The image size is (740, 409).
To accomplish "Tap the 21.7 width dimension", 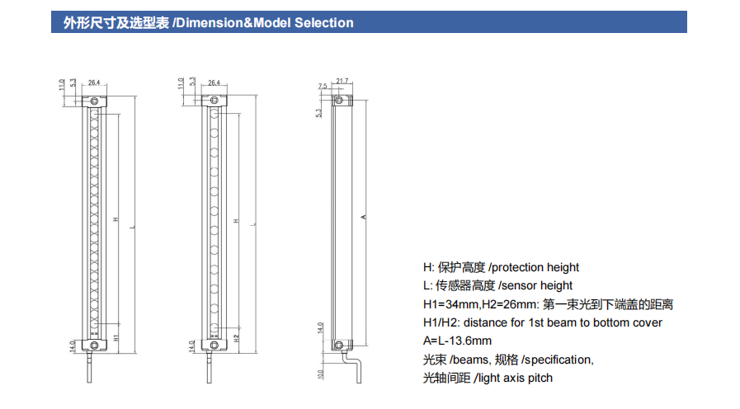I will click(342, 81).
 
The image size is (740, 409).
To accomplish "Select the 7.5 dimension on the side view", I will click(323, 86).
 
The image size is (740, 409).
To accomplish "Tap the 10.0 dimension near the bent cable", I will click(322, 374).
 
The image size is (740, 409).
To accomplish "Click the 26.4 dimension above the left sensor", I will click(94, 82).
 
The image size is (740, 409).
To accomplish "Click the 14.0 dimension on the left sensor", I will click(73, 345).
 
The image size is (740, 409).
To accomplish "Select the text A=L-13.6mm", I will click(457, 341).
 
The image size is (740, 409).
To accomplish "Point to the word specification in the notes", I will click(559, 360).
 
